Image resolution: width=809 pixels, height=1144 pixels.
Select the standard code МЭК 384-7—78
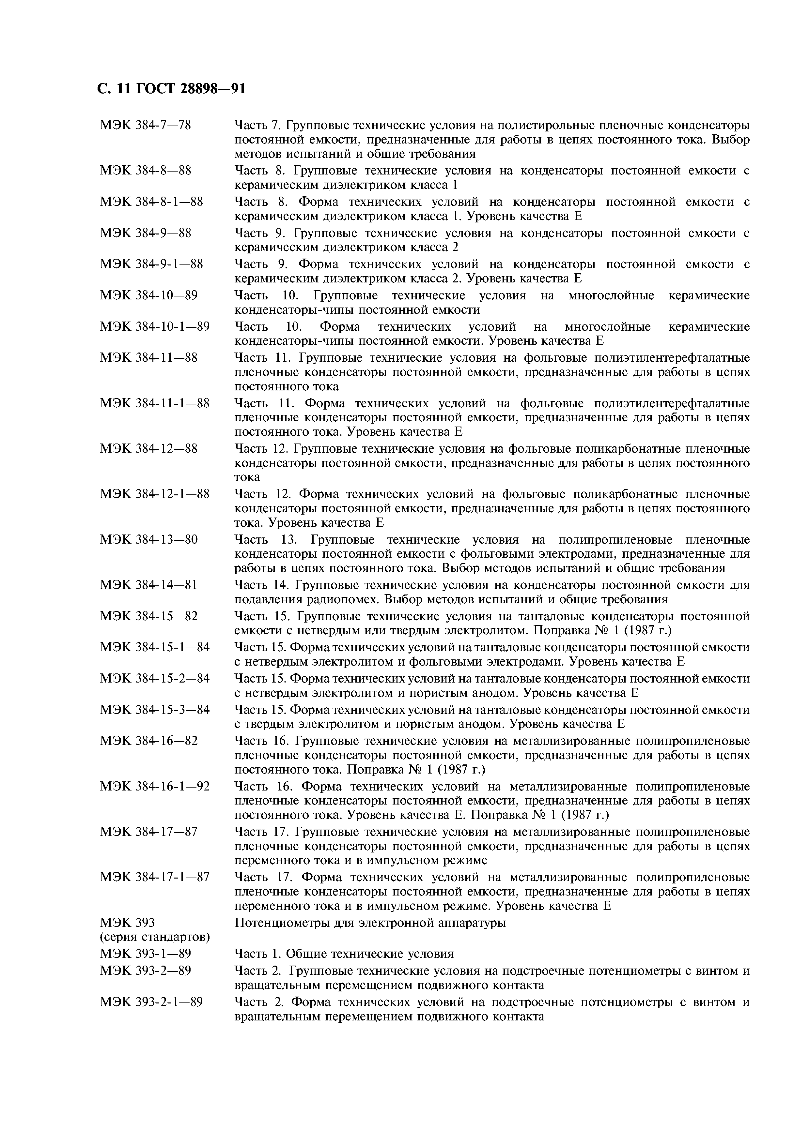(x=146, y=125)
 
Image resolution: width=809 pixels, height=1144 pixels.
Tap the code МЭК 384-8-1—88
(x=151, y=202)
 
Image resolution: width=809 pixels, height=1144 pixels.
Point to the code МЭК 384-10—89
(x=148, y=295)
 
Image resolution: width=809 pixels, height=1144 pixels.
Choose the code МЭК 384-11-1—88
(x=154, y=403)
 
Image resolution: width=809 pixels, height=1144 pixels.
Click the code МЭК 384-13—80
(x=148, y=540)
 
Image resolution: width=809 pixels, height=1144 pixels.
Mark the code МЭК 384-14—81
(x=148, y=584)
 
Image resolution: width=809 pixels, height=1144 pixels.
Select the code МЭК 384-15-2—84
(x=154, y=678)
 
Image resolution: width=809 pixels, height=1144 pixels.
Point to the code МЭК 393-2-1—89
(x=151, y=1002)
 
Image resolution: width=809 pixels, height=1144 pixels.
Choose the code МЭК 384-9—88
(x=146, y=233)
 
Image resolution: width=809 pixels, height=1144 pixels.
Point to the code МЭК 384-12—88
(x=148, y=449)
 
